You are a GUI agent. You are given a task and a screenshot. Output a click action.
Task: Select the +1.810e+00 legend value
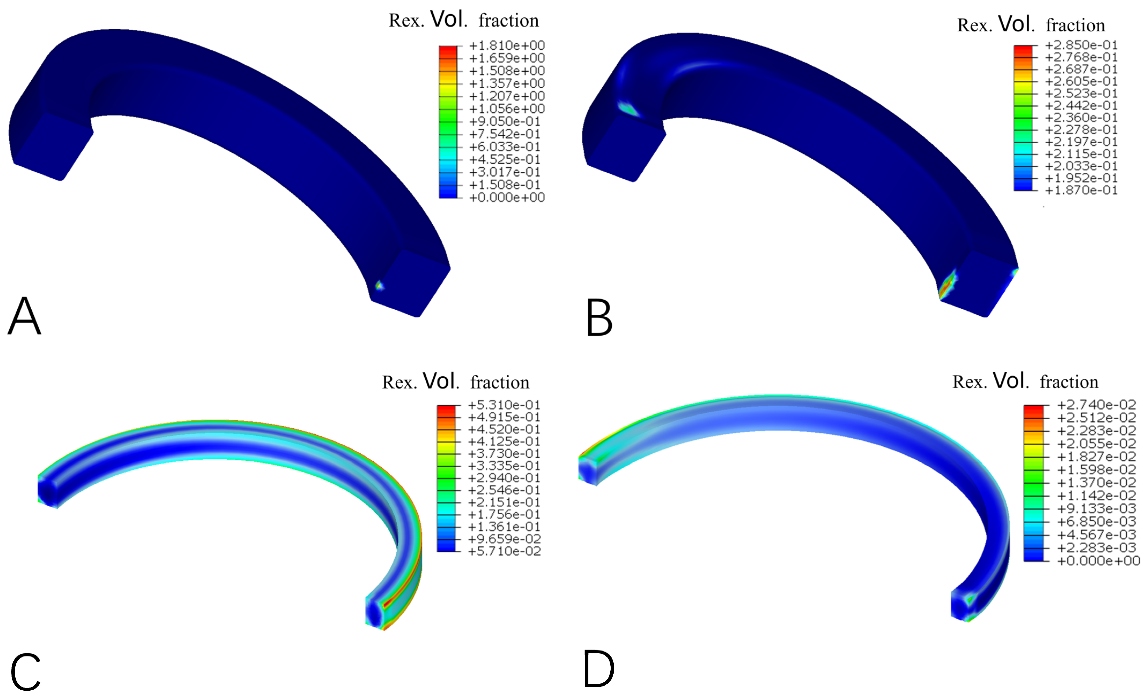click(x=507, y=46)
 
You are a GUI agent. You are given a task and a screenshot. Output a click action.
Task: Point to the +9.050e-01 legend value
click(x=504, y=122)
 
